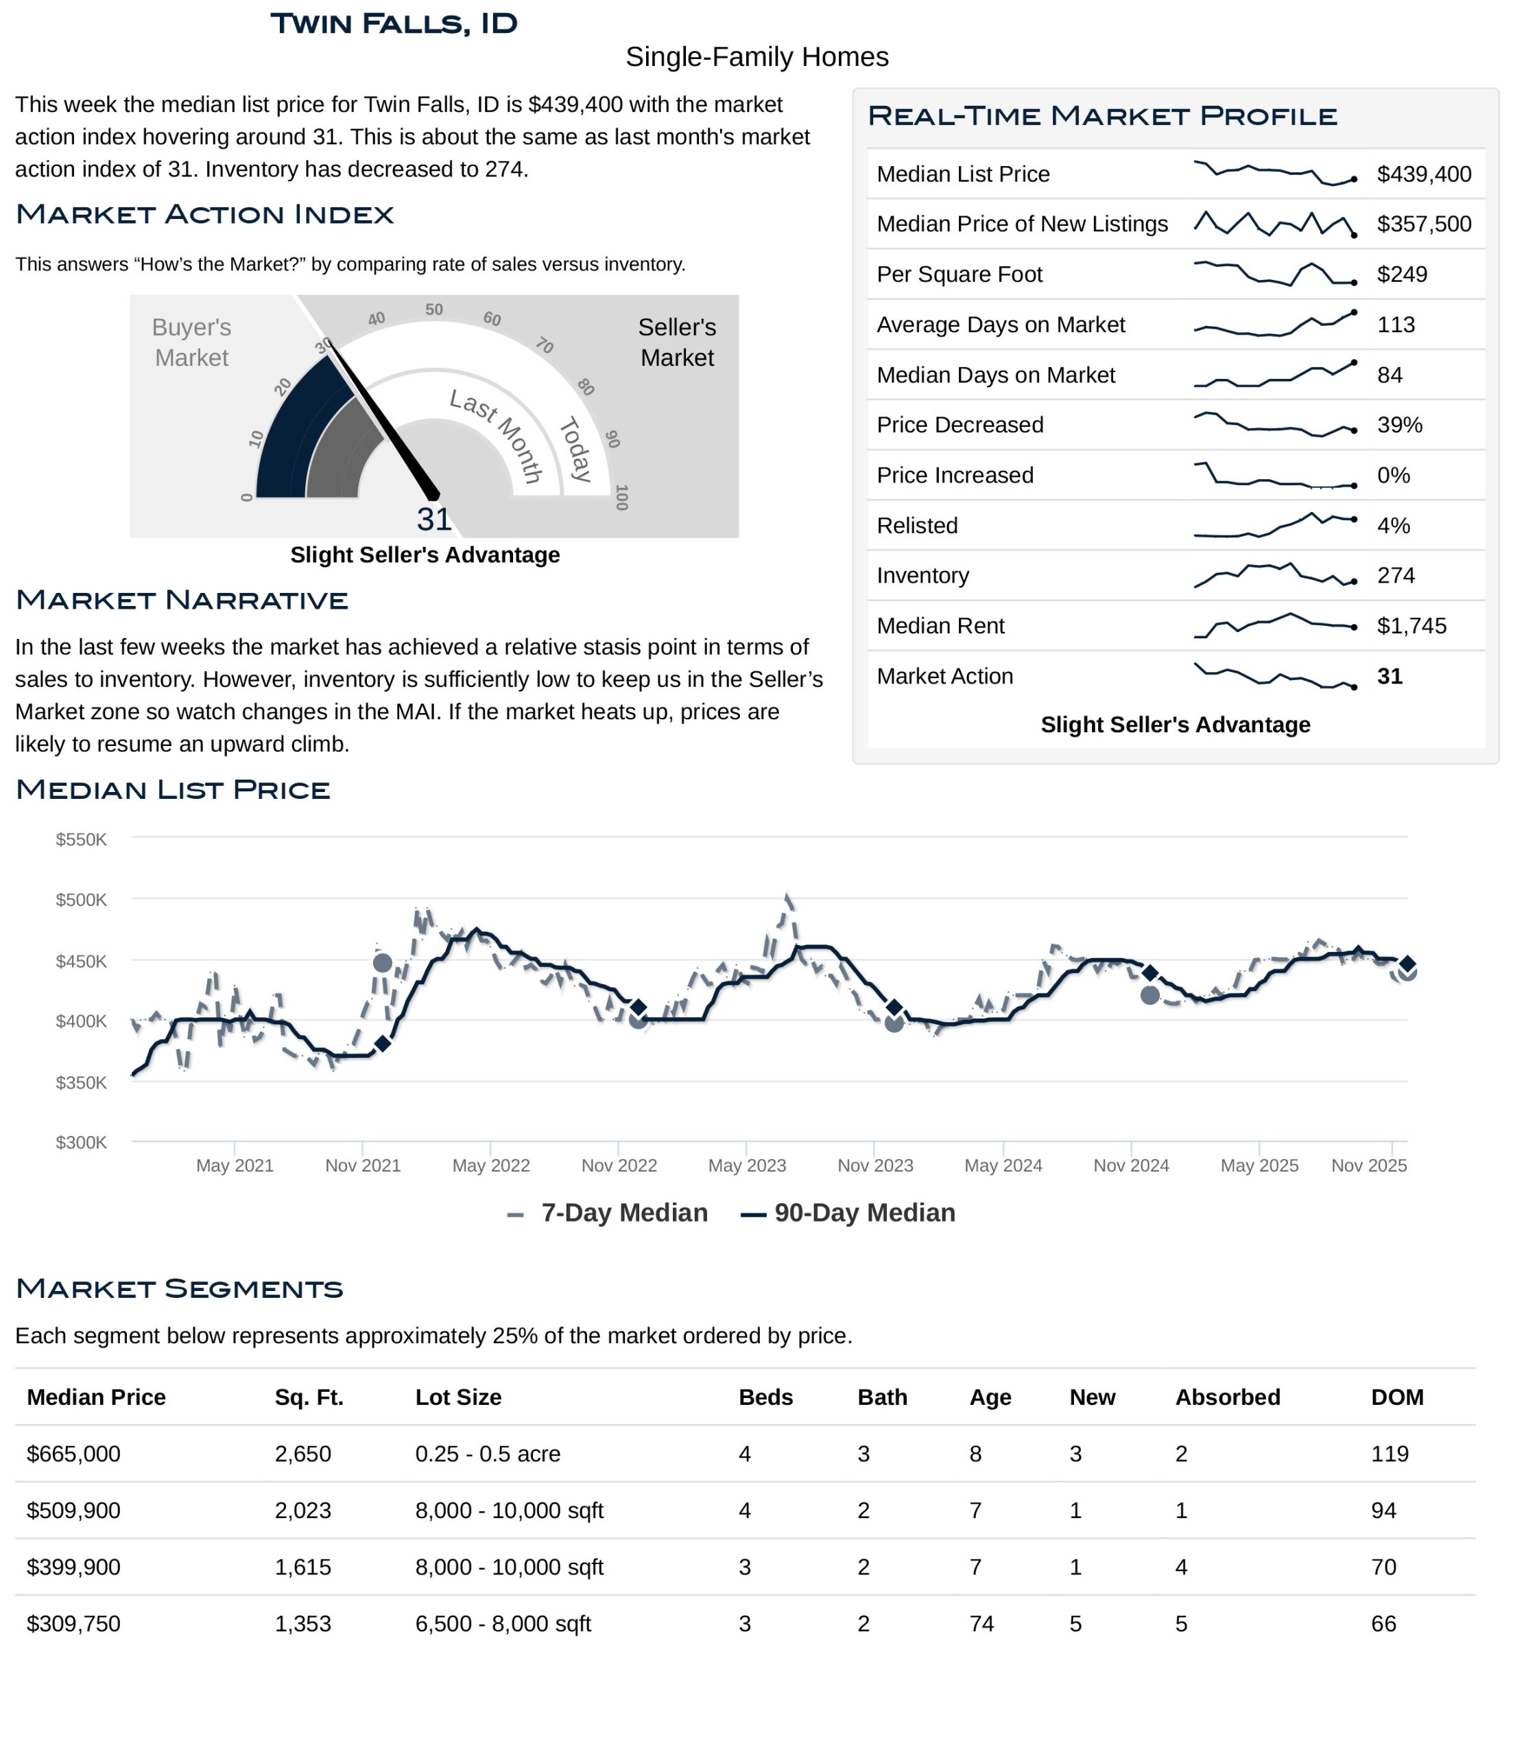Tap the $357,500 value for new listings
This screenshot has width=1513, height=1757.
click(1423, 224)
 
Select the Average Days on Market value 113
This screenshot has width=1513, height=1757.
click(1395, 325)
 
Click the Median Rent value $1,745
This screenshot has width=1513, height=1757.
click(1411, 626)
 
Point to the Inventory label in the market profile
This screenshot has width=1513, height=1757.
click(922, 576)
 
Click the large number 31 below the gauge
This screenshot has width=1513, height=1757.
click(434, 519)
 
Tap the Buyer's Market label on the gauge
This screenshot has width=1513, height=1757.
click(191, 342)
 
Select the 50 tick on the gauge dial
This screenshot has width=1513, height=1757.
click(434, 310)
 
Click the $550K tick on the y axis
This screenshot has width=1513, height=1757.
click(82, 839)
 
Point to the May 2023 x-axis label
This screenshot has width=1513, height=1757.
click(747, 1166)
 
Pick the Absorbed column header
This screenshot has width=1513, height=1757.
click(1226, 1397)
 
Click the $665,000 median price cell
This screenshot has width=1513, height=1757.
click(74, 1454)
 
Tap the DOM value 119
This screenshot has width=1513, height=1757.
click(1390, 1454)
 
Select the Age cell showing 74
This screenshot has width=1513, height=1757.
click(981, 1624)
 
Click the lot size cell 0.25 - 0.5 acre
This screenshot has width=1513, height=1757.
click(488, 1454)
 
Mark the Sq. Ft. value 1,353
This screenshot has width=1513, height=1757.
click(302, 1624)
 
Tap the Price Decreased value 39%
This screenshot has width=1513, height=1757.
click(1399, 425)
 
